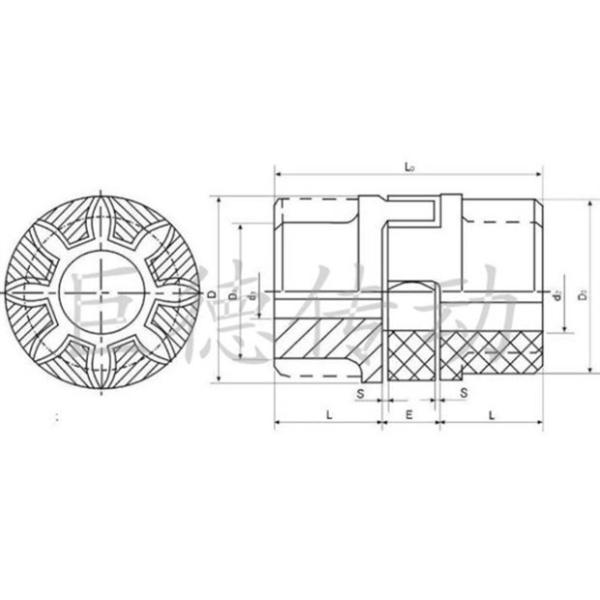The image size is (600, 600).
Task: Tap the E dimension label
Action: point(409,412)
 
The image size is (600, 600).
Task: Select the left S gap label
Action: point(360,394)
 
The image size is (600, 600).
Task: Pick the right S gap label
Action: point(464,394)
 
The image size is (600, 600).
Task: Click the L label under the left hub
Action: point(327,412)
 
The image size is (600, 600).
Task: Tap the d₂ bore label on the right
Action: point(556,294)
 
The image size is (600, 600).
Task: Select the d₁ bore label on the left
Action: point(252,294)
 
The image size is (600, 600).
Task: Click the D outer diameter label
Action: point(213,294)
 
